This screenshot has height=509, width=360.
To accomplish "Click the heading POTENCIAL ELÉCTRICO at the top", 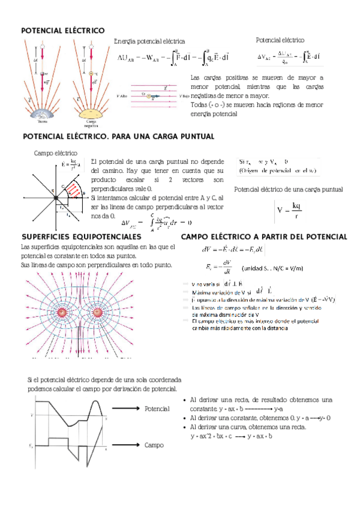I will [62, 30].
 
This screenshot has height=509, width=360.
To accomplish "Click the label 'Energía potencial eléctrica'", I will [149, 41].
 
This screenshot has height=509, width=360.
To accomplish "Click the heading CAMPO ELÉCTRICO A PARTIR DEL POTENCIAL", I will [263, 237].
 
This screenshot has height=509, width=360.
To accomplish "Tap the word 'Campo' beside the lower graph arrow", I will [155, 445].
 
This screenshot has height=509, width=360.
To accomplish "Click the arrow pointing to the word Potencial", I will [127, 409].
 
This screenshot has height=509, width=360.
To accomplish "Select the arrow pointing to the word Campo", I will [127, 445].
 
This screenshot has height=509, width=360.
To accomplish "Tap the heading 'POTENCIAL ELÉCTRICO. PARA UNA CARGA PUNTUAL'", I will [118, 137].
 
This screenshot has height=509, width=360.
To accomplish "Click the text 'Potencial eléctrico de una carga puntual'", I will [288, 190].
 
